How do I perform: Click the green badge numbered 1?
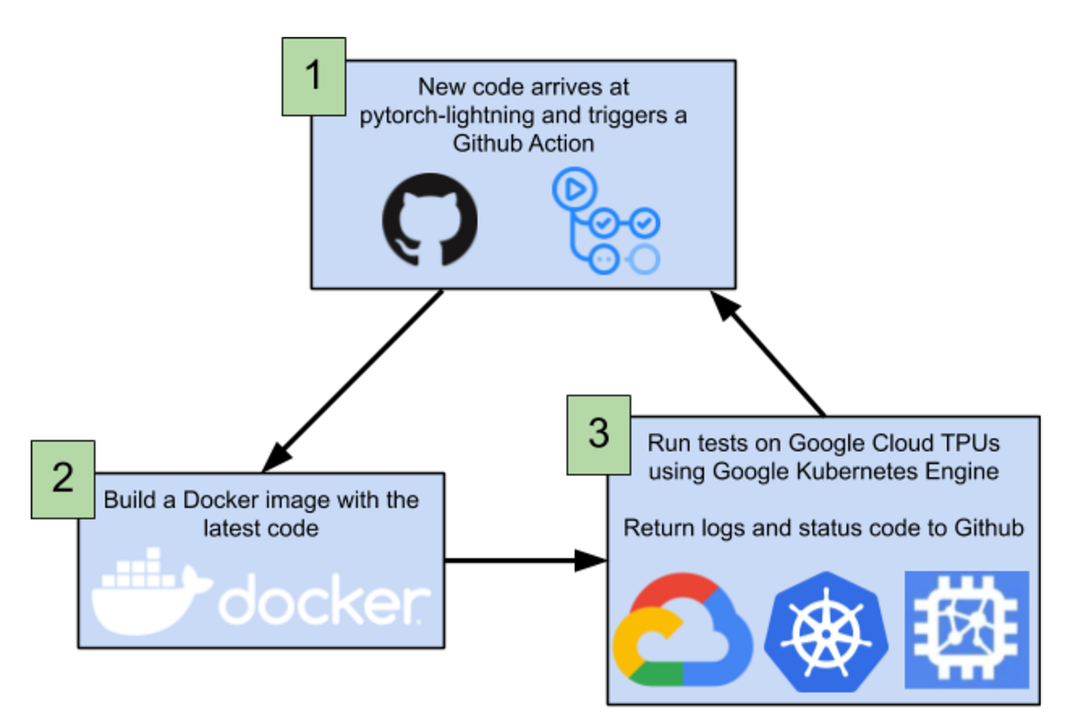click(314, 76)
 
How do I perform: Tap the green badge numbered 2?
click(63, 479)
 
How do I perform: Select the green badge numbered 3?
click(598, 434)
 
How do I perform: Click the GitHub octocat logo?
click(430, 220)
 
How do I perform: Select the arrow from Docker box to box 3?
click(526, 561)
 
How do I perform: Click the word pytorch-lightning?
click(439, 118)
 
